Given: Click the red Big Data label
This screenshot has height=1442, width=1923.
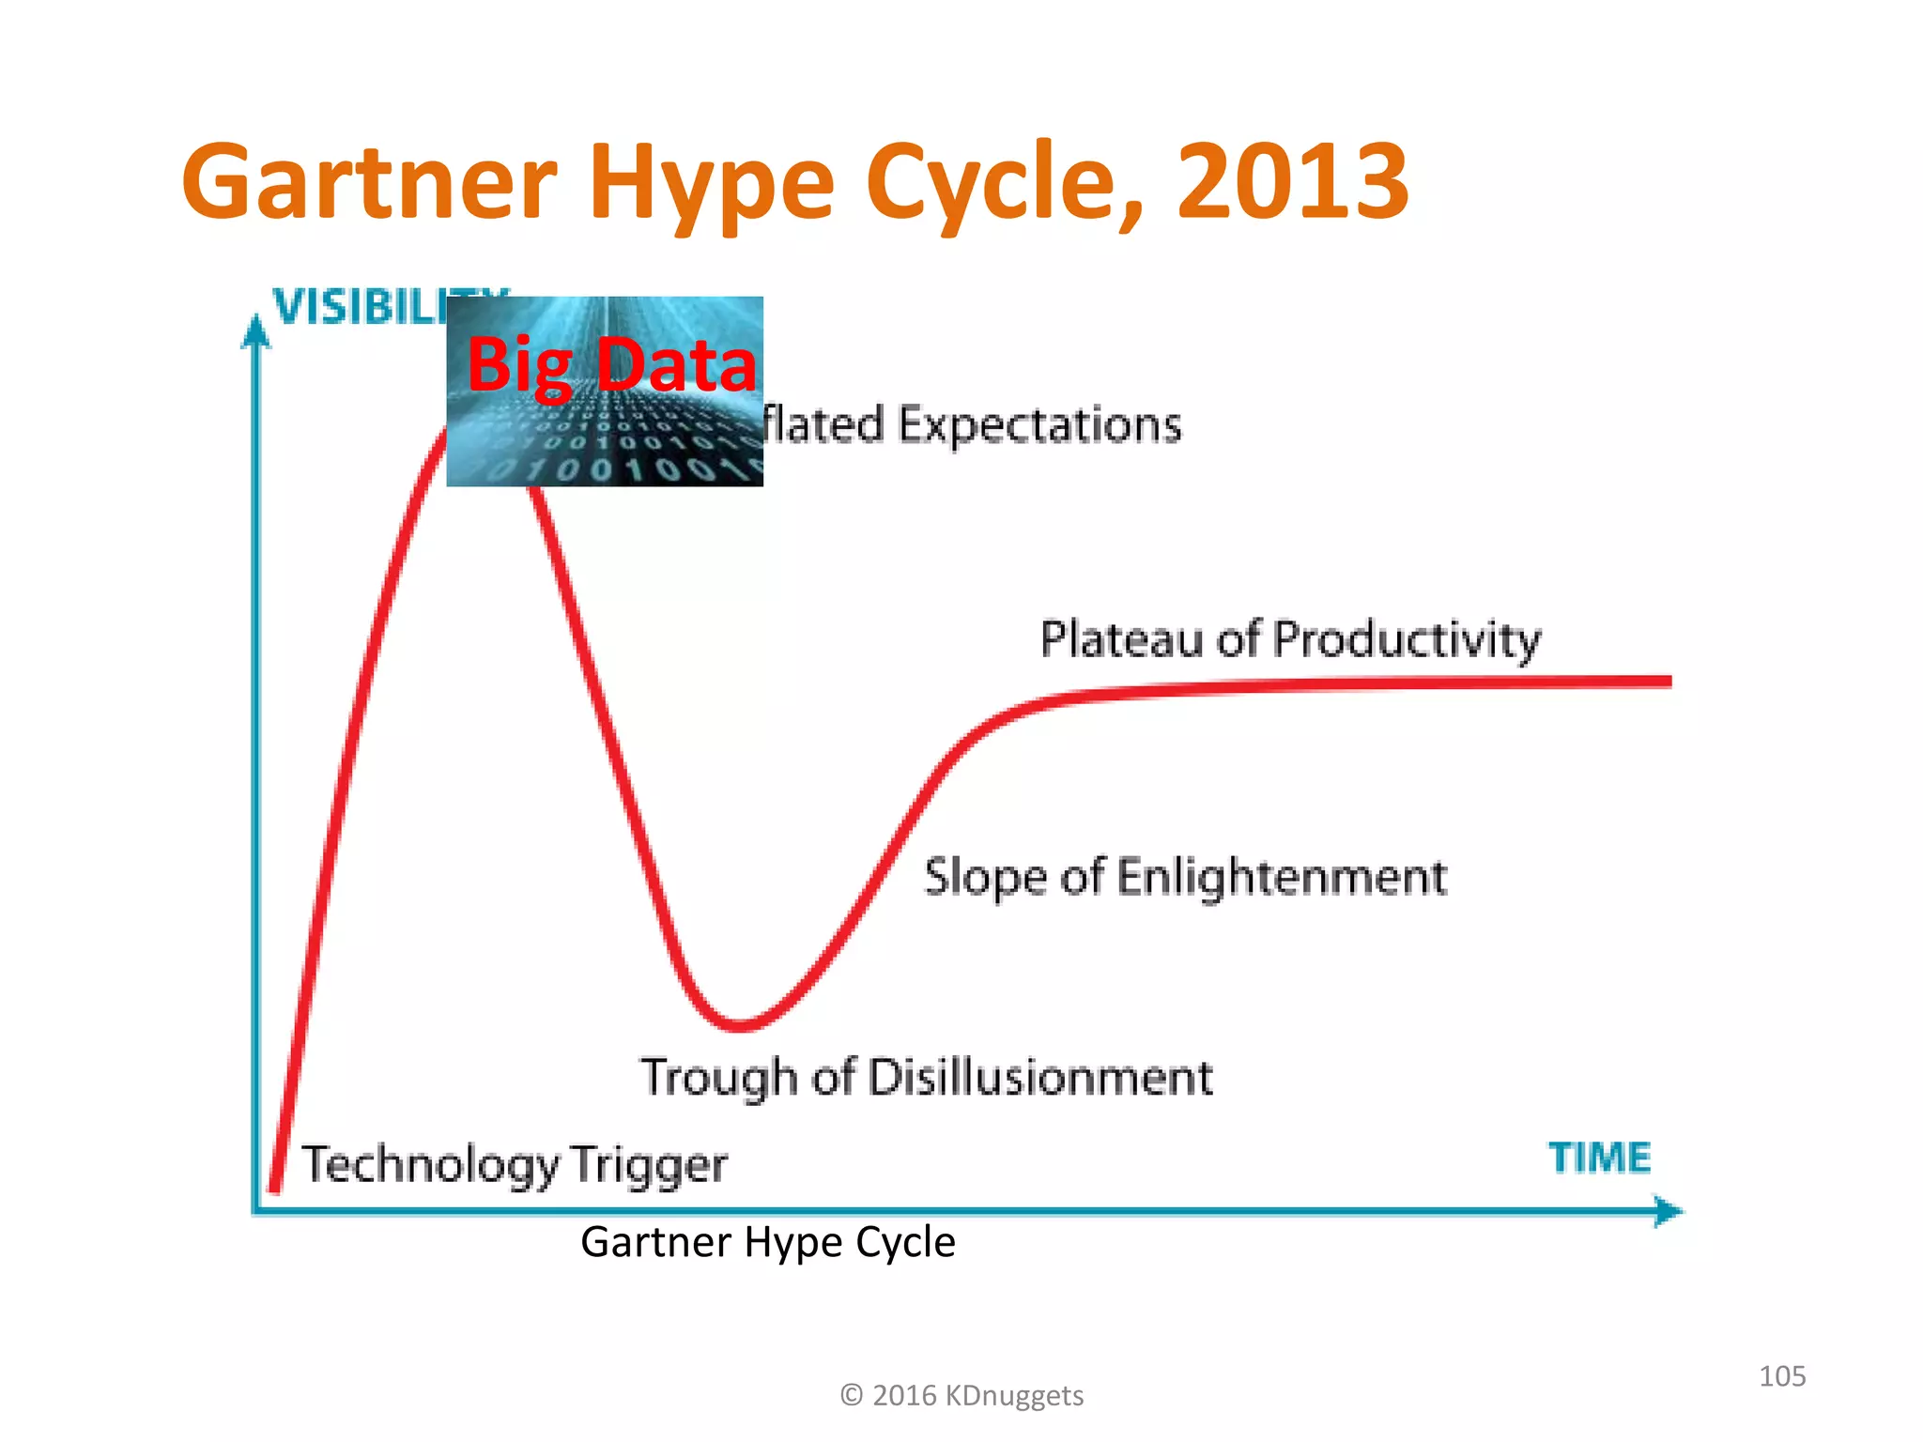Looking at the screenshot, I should point(611,365).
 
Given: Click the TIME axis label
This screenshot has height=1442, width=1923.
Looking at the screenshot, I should point(1599,1158).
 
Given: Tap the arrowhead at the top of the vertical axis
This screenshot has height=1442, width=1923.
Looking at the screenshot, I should point(255,330).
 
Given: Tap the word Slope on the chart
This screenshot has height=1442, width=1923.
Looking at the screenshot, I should point(985,878).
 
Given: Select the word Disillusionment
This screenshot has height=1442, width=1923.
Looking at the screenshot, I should point(1040,1077).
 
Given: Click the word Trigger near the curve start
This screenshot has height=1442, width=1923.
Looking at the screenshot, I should point(648,1165).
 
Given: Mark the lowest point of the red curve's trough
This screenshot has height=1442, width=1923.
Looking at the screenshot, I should point(741,1025).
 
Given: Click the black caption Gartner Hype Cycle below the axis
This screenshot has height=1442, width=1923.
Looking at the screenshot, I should point(767,1241).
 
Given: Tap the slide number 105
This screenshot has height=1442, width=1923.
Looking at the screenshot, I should point(1781,1376).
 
